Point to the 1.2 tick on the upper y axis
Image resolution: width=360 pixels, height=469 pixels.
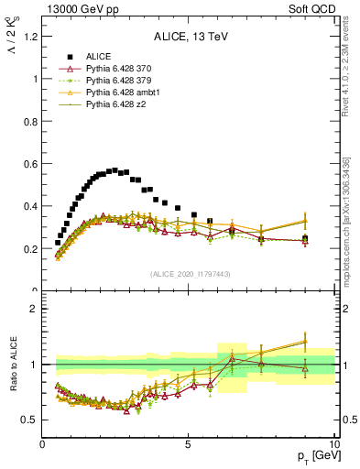(29, 37)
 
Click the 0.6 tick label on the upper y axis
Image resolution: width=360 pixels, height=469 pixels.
(29, 164)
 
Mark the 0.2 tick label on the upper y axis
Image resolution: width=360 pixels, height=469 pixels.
(29, 249)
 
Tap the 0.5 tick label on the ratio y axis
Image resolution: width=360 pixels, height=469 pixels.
(29, 420)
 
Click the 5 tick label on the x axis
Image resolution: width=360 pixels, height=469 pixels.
(188, 444)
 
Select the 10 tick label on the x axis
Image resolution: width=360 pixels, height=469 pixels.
(333, 444)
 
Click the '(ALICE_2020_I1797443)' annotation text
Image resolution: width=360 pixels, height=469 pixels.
(190, 275)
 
